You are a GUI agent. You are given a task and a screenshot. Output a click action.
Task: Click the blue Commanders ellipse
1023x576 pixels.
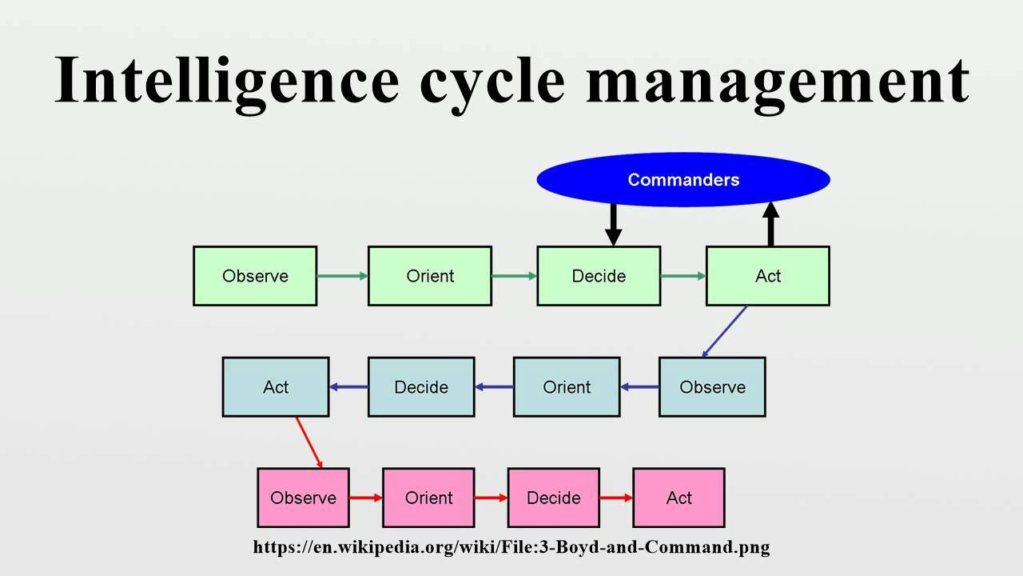point(683,180)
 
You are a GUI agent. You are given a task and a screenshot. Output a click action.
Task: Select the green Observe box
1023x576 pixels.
point(255,276)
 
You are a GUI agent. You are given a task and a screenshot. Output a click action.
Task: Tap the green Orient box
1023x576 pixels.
point(430,276)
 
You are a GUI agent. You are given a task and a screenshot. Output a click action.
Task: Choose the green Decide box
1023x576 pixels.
point(599,276)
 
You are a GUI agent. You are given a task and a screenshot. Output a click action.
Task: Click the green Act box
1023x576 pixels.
point(767,276)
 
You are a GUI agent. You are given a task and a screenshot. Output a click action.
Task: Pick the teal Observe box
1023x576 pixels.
point(712,387)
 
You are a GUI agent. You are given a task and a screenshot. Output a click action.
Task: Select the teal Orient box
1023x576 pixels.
point(567,387)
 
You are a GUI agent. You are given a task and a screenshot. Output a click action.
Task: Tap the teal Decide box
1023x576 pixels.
point(421,387)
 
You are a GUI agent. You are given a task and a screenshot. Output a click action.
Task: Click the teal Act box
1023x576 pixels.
point(276,387)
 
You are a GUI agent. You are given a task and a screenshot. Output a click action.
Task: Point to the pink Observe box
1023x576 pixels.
point(303,498)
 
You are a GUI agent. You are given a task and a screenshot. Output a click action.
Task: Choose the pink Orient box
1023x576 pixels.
point(428,498)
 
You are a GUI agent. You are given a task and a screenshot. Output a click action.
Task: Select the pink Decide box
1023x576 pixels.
point(553,498)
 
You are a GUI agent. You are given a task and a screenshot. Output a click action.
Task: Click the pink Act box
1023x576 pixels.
point(679,498)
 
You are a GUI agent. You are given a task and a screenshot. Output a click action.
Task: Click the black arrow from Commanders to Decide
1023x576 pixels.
point(613,224)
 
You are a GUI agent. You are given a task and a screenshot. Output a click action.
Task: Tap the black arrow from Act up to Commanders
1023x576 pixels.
point(770,224)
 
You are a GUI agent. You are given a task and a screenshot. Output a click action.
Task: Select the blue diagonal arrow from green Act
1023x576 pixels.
point(725,331)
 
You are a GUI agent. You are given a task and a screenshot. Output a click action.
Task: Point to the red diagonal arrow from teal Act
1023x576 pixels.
point(309,442)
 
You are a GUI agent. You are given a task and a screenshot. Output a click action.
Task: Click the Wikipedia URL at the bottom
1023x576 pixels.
point(511,548)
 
